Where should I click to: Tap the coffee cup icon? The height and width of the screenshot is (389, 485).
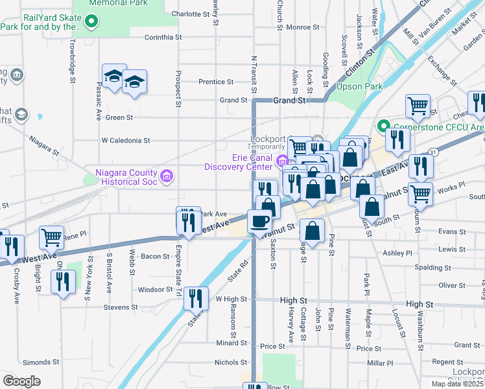tap(260, 221)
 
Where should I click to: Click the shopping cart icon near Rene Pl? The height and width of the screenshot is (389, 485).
tap(51, 237)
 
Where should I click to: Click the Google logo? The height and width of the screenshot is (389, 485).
tap(21, 381)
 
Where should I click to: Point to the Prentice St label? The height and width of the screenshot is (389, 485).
tap(216, 82)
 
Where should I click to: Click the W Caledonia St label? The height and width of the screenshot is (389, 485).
tap(126, 140)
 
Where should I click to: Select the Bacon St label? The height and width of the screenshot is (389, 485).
tap(156, 257)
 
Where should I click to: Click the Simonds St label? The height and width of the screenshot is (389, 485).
tap(41, 362)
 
